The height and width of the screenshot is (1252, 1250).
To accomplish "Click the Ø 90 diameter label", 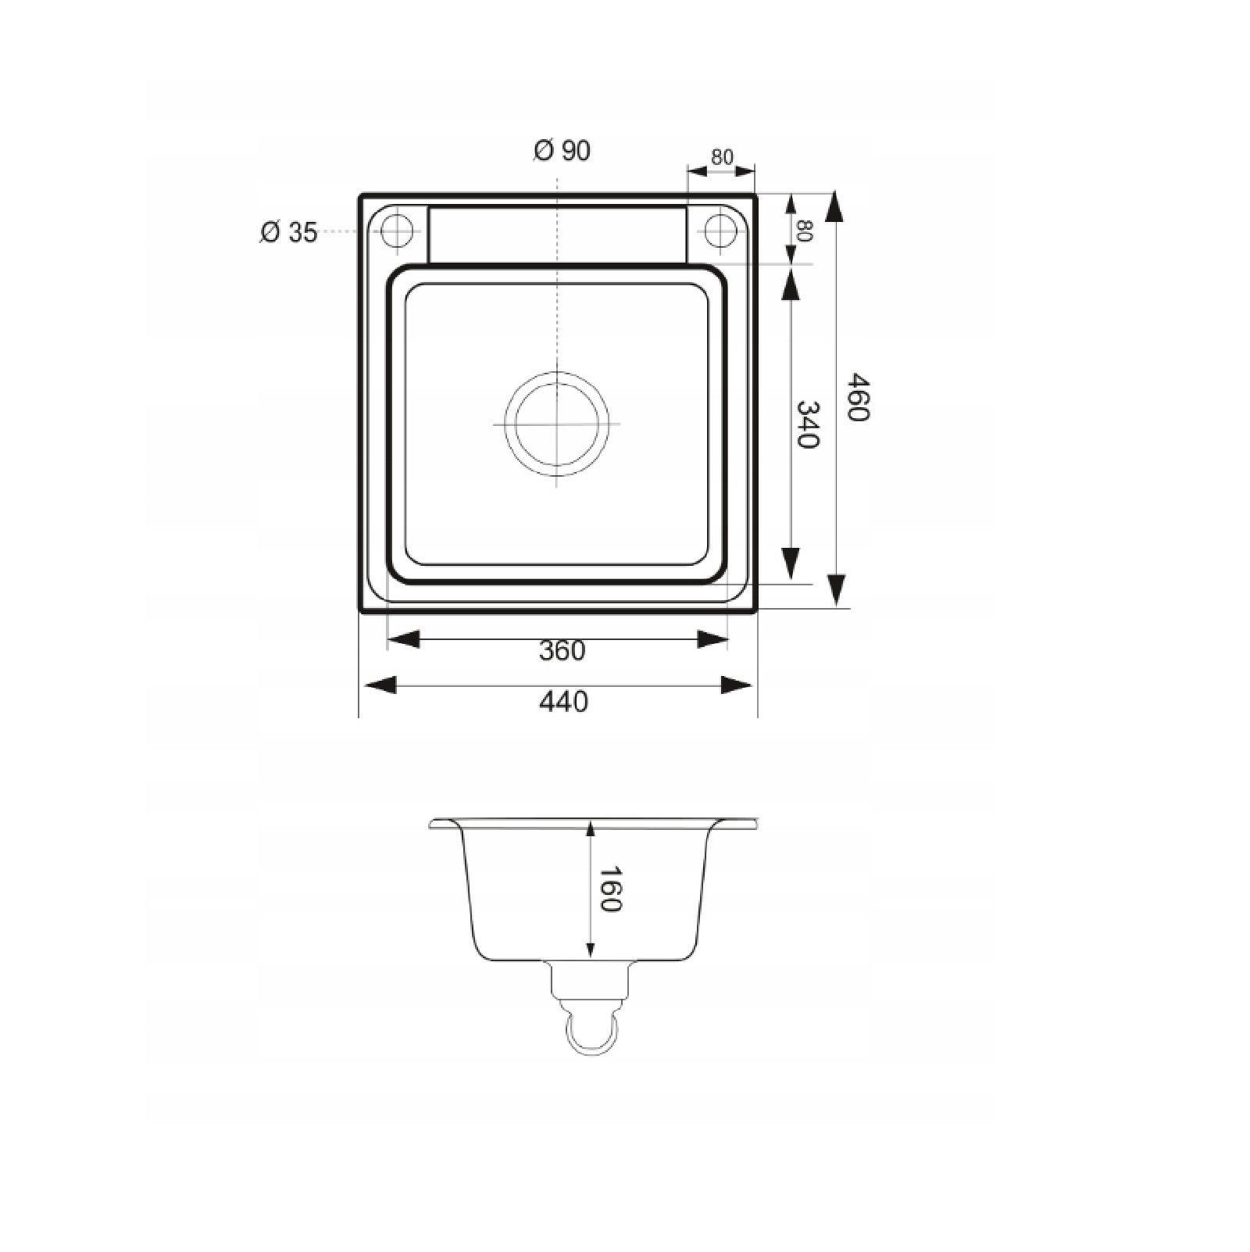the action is pos(562,150).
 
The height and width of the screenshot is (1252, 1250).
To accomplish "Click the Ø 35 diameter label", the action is pos(289,232).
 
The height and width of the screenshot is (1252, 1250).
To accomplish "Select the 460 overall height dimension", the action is pos(858,397).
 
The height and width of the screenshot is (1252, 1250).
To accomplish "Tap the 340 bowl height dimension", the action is pos(806,424).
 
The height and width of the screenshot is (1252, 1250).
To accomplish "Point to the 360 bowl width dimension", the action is pos(562,650).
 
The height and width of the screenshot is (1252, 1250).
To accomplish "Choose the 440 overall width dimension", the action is pos(563,702).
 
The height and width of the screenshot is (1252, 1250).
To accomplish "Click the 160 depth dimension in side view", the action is pos(609,889).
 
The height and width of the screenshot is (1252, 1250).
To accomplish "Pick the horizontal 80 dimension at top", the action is pos(723,157).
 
